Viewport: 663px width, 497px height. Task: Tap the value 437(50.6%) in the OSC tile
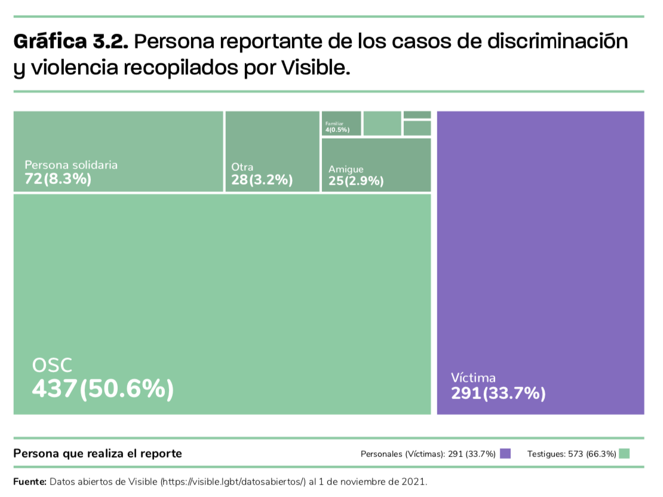[103, 389]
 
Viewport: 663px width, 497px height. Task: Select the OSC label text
[52, 366]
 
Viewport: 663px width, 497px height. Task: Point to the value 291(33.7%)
[498, 393]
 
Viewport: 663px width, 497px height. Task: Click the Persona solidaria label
[71, 165]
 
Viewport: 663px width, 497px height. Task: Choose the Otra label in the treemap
[242, 167]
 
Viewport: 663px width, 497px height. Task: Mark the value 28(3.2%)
[262, 180]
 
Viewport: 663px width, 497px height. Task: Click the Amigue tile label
[346, 169]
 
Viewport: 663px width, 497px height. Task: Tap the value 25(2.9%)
[356, 181]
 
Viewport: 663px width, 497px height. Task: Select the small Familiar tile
[341, 123]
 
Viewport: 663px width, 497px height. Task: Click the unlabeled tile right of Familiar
[382, 123]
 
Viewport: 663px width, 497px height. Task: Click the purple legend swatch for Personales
[505, 453]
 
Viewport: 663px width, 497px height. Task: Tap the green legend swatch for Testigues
[625, 453]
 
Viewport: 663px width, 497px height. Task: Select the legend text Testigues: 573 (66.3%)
[572, 454]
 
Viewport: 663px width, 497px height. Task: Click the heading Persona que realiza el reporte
[97, 453]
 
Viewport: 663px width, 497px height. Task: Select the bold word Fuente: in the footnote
[30, 481]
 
